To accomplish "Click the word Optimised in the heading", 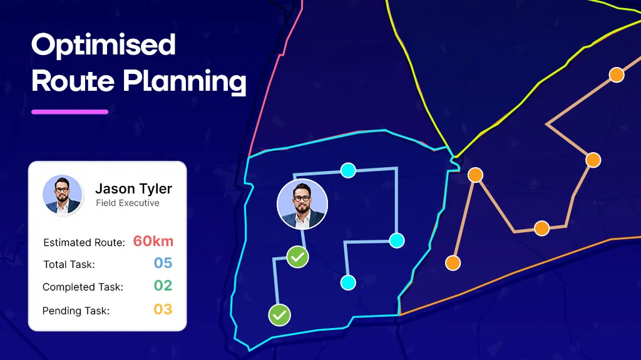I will pos(103,46).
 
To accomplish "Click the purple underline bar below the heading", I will pos(69,112).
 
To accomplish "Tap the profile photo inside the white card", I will pos(63,195).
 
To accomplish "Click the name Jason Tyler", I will pos(133,188).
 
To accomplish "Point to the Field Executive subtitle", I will pos(127,203).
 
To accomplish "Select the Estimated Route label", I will pos(85,242).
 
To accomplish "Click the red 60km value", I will pos(153,242).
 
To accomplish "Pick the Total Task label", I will pos(69,264).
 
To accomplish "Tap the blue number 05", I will pos(163,264).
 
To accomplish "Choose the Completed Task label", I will pos(83,287).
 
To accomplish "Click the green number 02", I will pos(163,286).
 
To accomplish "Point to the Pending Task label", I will pos(76,311).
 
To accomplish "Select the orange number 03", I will pos(163,309).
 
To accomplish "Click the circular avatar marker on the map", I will pos(302,204).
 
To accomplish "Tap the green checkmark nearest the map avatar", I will pos(297,257).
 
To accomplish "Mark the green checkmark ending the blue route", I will pos(279,315).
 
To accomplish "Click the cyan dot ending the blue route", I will pos(348,282).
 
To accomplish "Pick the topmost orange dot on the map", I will pos(617,75).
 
